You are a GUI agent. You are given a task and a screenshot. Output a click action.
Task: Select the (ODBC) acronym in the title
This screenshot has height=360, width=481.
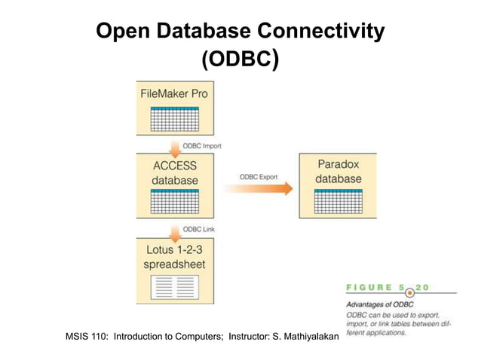click(x=240, y=60)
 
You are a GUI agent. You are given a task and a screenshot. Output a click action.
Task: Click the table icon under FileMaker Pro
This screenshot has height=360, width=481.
click(x=174, y=119)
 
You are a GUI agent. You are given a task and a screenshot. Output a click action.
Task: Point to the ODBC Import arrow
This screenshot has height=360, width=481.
click(x=173, y=145)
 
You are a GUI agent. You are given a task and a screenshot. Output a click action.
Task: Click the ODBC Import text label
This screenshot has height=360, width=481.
click(x=202, y=145)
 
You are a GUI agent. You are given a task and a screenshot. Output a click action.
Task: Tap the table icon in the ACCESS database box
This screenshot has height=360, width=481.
click(x=174, y=203)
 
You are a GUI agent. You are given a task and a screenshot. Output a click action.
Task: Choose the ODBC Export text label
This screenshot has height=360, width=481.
click(x=259, y=176)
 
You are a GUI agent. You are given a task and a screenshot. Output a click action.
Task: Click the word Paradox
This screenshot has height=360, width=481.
click(x=339, y=164)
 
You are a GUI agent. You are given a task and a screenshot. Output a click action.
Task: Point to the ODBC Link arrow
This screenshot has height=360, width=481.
click(x=173, y=230)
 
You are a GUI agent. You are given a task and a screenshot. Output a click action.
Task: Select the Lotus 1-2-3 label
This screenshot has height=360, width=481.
click(x=174, y=250)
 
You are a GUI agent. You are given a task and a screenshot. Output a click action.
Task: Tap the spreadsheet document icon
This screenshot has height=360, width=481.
click(x=174, y=287)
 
